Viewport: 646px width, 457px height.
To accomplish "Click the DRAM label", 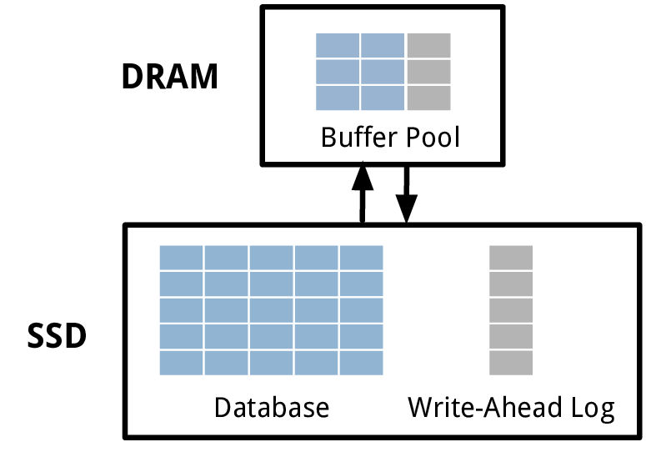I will (169, 77).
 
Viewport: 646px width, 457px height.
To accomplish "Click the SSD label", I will (58, 337).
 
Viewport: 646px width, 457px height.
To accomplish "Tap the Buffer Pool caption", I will (390, 137).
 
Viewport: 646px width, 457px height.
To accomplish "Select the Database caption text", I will (272, 408).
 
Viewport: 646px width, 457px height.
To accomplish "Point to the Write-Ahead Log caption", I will (511, 408).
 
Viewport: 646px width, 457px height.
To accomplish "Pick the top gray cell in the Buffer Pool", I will (428, 45).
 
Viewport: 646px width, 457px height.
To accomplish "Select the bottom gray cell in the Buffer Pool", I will (428, 98).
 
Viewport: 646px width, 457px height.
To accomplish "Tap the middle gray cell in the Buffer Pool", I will (428, 72).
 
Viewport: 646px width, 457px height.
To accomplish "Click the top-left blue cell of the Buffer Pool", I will (338, 45).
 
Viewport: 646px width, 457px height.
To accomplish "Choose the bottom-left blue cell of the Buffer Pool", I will (338, 98).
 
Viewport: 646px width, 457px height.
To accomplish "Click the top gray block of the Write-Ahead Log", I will (511, 258).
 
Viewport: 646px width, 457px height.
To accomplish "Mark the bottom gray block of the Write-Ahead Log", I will (511, 363).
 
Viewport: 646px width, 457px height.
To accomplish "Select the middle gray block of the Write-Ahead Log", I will (511, 310).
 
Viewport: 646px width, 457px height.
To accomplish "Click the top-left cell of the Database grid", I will (181, 258).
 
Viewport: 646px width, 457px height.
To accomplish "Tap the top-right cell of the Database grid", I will (361, 258).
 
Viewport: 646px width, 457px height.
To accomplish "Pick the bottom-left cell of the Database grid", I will (181, 363).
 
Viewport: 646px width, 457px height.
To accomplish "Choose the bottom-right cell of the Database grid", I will (361, 363).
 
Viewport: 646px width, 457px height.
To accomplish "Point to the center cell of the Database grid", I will (271, 310).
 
